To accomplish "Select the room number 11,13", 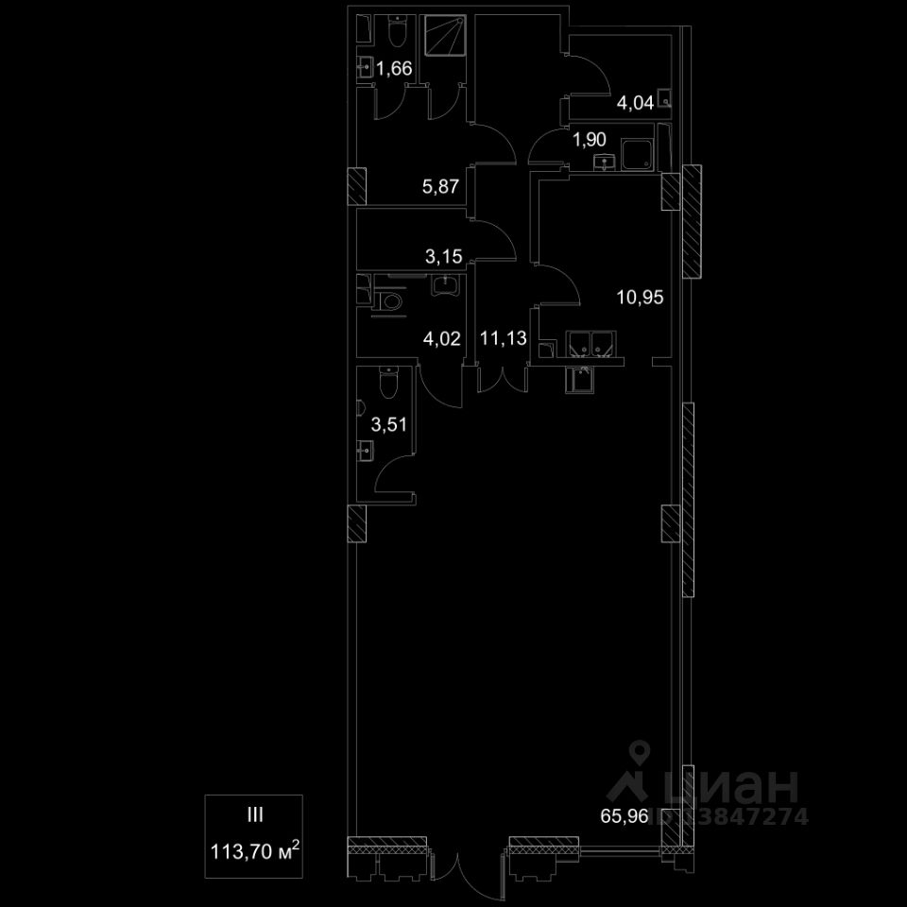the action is [502, 337].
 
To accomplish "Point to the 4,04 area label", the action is [636, 104].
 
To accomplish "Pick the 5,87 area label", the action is [440, 186].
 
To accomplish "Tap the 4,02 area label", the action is [442, 337].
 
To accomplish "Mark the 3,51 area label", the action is [388, 424].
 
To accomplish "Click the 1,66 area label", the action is [393, 68].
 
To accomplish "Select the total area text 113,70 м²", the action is [255, 854].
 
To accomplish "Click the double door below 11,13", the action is [502, 379].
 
